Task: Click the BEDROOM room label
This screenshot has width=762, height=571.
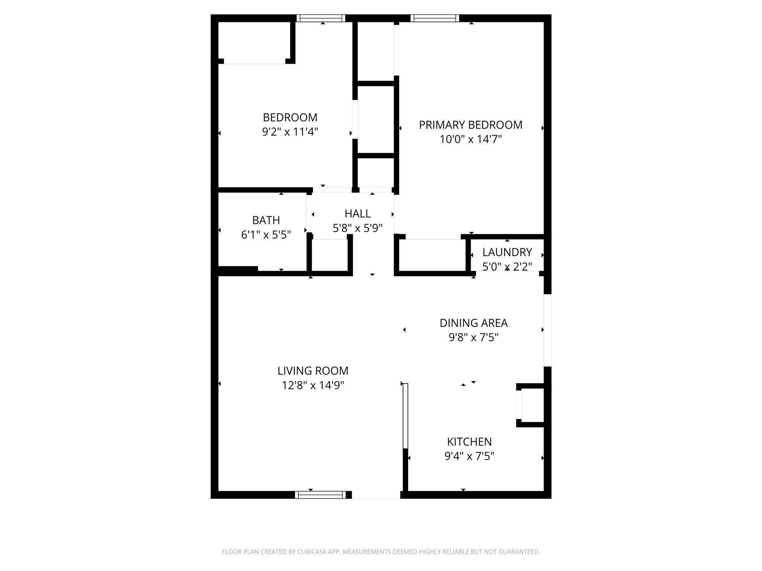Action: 290,117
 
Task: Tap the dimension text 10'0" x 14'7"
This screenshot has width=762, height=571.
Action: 471,139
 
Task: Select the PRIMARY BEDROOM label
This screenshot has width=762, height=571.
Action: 471,125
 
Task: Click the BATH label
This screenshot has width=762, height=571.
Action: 266,220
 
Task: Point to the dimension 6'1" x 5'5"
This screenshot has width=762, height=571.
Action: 266,235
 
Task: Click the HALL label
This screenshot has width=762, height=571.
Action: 358,214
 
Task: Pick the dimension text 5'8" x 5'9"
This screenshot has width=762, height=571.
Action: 358,228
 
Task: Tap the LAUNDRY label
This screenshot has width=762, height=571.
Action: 507,252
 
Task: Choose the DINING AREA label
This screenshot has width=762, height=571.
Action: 474,323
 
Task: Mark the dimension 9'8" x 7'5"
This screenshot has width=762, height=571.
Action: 474,338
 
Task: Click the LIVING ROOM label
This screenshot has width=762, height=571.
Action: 313,371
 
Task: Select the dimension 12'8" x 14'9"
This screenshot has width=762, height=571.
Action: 313,385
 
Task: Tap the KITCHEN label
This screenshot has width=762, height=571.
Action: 470,442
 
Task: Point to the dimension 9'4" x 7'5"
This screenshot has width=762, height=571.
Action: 470,456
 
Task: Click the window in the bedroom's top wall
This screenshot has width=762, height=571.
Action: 321,18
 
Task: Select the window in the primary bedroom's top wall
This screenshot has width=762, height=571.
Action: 435,18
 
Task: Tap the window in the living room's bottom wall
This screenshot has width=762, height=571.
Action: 320,495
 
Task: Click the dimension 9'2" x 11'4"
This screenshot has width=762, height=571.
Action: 290,132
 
